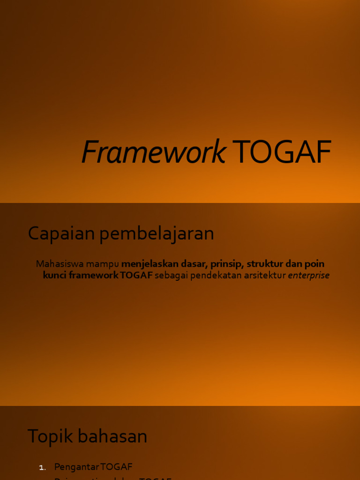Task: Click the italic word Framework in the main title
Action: point(153,152)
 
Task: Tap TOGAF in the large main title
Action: point(282,152)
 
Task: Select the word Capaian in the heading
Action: point(58,233)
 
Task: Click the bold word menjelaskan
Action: point(150,264)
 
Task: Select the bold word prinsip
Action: point(227,264)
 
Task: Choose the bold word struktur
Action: point(265,264)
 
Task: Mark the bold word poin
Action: point(315,264)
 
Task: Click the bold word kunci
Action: point(54,276)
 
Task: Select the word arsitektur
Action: point(265,276)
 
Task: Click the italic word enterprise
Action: point(308,276)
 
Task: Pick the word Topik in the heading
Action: point(48,436)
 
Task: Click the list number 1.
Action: point(42,467)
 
